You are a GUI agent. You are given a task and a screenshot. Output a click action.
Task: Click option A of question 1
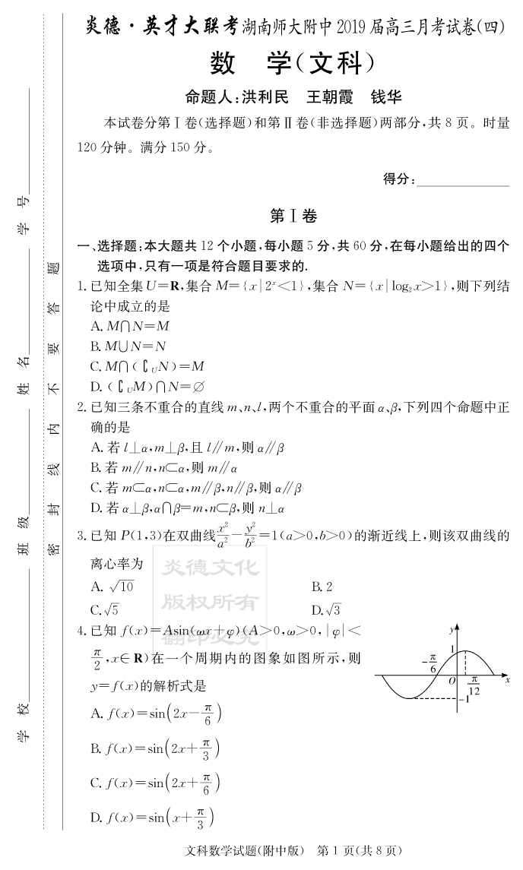pos(130,326)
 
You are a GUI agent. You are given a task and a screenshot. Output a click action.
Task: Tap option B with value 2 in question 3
pos(322,587)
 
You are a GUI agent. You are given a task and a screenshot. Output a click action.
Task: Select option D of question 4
pos(152,818)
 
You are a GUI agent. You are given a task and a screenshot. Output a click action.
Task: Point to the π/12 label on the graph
pos(474,685)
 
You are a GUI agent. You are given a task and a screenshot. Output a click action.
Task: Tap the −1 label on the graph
pos(470,699)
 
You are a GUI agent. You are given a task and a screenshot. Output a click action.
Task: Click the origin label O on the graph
pos(452,681)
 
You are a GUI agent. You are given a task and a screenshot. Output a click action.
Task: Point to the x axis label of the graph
pos(507,677)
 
